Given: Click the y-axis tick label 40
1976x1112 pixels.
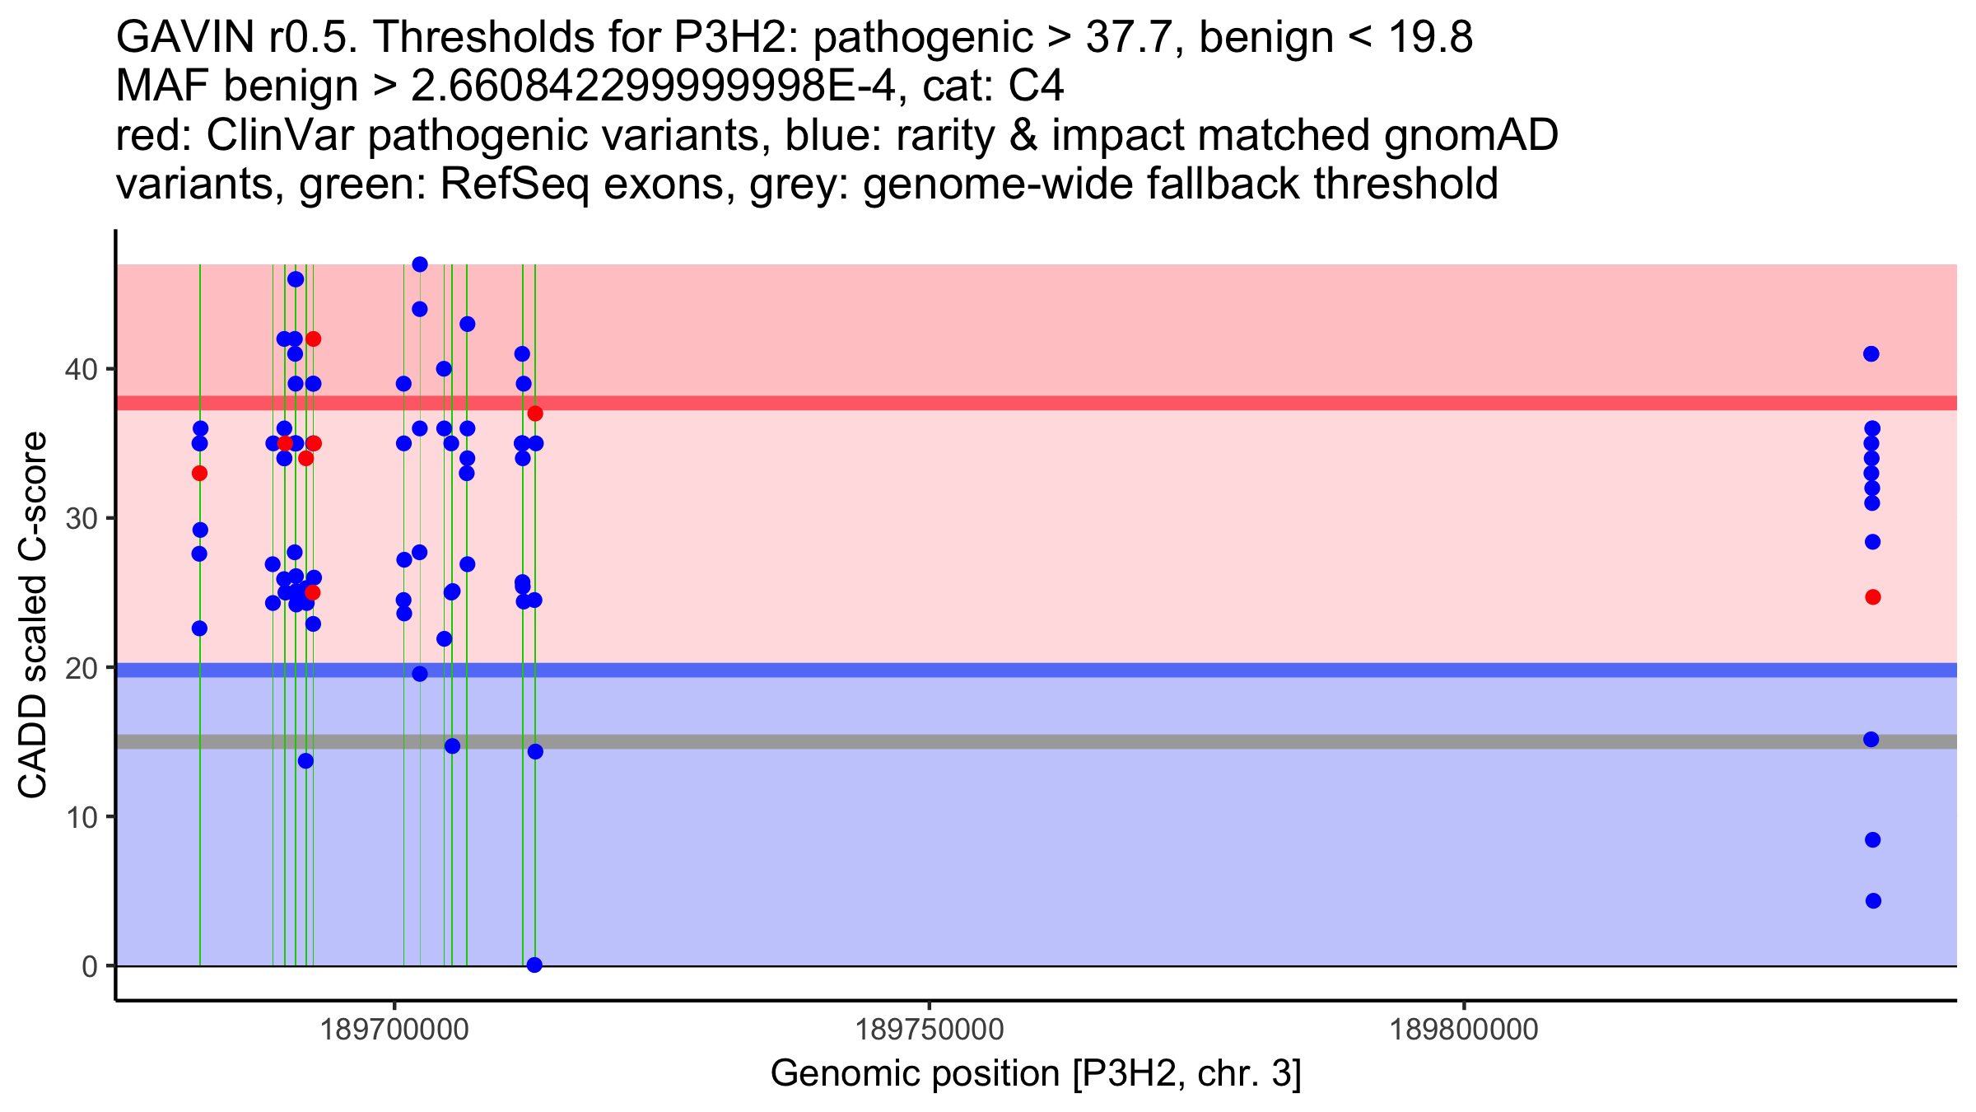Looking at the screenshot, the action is pyautogui.click(x=81, y=369).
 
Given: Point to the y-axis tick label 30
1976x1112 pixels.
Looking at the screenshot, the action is pyautogui.click(x=81, y=519).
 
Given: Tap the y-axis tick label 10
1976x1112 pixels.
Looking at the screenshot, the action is pyautogui.click(x=81, y=817).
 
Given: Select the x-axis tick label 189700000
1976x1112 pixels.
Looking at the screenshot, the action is pyautogui.click(x=394, y=1030).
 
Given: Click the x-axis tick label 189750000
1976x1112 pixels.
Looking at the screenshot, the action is pyautogui.click(x=930, y=1030).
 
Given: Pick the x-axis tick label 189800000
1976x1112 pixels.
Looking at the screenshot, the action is pyautogui.click(x=1464, y=1030).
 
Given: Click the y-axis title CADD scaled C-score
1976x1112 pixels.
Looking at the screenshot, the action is pyautogui.click(x=33, y=615).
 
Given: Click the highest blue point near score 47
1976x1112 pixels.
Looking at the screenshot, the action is pyautogui.click(x=420, y=264).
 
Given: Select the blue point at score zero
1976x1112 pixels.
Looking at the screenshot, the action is pyautogui.click(x=534, y=965).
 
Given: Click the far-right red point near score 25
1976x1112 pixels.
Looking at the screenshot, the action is pyautogui.click(x=1873, y=597).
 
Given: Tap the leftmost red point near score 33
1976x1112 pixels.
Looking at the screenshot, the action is pyautogui.click(x=199, y=474).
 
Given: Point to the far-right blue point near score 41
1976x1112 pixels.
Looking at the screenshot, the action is pyautogui.click(x=1871, y=354).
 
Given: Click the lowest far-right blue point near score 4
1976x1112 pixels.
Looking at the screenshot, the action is pyautogui.click(x=1873, y=901).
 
